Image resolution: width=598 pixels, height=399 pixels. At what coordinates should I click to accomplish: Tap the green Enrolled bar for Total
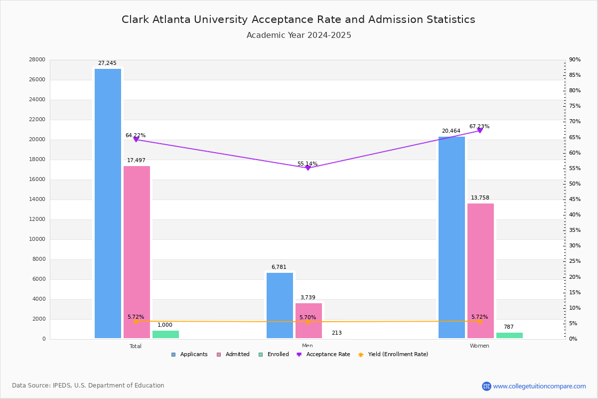pyautogui.click(x=165, y=335)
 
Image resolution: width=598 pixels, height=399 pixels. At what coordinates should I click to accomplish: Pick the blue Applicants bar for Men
pyautogui.click(x=280, y=305)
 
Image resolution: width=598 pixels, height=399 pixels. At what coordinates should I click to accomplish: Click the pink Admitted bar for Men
pyautogui.click(x=308, y=321)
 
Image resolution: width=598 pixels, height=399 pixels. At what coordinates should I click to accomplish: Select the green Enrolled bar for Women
pyautogui.click(x=509, y=336)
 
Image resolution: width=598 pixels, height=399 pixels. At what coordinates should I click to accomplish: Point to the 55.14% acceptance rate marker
pyautogui.click(x=307, y=168)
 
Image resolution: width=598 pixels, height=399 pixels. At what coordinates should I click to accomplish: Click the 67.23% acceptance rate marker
pyautogui.click(x=480, y=131)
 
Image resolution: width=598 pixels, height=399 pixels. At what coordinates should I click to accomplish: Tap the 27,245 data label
pyautogui.click(x=107, y=63)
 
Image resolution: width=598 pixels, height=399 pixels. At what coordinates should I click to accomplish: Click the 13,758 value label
pyautogui.click(x=480, y=198)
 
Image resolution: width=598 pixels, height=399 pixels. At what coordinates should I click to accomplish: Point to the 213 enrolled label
pyautogui.click(x=336, y=333)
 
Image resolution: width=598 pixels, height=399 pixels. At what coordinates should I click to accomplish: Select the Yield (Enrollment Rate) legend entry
pyautogui.click(x=398, y=355)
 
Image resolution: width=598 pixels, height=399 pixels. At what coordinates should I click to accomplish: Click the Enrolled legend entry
pyautogui.click(x=278, y=355)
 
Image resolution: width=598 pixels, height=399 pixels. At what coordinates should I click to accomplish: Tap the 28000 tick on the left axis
pyautogui.click(x=37, y=60)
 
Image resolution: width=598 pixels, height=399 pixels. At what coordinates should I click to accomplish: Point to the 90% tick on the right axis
pyautogui.click(x=575, y=60)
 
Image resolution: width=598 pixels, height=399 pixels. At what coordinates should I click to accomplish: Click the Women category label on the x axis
pyautogui.click(x=479, y=346)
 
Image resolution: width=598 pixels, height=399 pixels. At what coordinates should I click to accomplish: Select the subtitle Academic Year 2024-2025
pyautogui.click(x=299, y=35)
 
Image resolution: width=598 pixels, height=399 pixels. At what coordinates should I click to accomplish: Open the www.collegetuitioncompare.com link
pyautogui.click(x=539, y=386)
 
